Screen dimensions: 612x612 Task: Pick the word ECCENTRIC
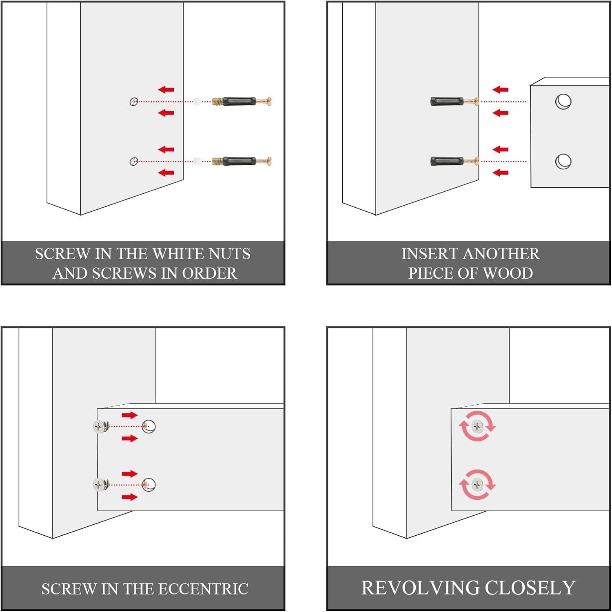(x=203, y=589)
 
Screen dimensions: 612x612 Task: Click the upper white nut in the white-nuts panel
(x=197, y=102)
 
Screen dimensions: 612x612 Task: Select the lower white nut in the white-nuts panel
(x=197, y=161)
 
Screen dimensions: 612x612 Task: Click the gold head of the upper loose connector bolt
(x=268, y=101)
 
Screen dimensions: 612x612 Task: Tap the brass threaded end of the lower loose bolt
(x=217, y=161)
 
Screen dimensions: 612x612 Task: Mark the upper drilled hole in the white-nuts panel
(x=134, y=102)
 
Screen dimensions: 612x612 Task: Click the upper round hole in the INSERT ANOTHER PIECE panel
(x=563, y=102)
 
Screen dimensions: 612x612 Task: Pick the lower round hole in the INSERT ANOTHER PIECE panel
(x=563, y=161)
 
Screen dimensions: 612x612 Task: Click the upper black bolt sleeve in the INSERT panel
(x=446, y=101)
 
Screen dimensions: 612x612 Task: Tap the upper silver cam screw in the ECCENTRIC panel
(x=99, y=427)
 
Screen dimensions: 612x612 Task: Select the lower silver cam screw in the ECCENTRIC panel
(x=99, y=485)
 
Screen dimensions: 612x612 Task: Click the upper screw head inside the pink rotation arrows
(x=477, y=427)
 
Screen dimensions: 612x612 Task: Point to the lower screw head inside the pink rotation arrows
(x=477, y=485)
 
